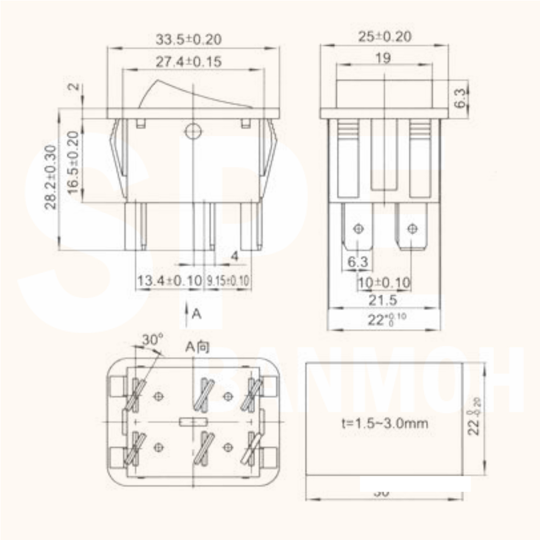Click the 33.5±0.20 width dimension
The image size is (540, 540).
coord(188,39)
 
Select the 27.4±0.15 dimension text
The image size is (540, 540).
coord(188,62)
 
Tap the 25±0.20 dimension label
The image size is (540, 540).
coord(384,36)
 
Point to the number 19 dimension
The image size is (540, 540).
coord(383,58)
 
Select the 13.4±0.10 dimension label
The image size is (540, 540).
coord(169,280)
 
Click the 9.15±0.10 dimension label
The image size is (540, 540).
coord(228,281)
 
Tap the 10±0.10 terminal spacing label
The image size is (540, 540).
coord(384,283)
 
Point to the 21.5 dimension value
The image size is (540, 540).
coord(383,300)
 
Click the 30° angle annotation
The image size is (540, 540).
coord(152,339)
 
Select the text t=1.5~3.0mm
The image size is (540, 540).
coord(385,423)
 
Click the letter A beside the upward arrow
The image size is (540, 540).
coord(197,314)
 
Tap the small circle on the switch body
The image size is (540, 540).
coord(193,131)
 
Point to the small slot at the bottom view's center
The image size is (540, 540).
coord(193,422)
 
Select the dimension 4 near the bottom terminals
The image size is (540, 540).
coord(234,256)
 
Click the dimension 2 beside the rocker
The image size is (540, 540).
coord(73,87)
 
